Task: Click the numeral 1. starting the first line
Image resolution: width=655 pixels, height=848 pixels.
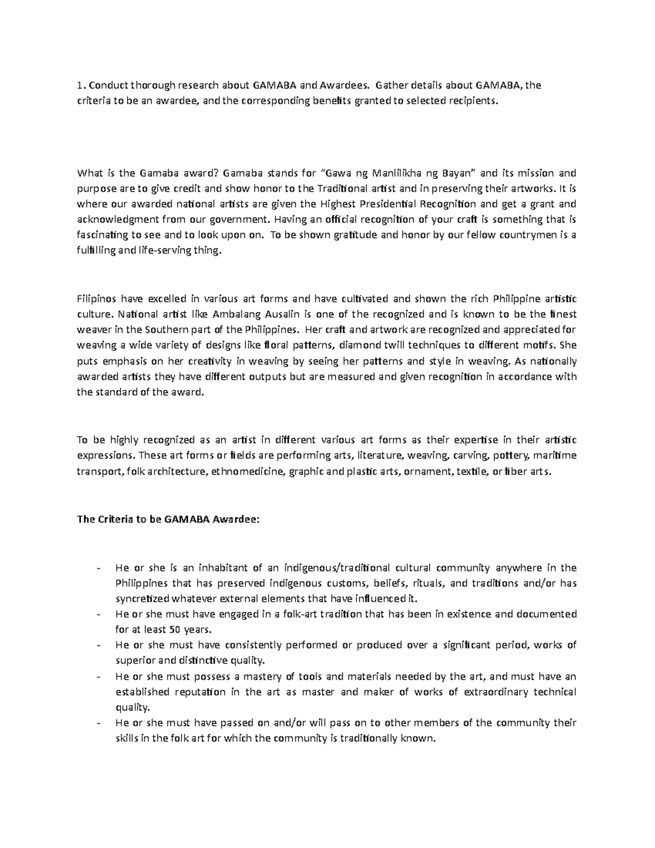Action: click(81, 85)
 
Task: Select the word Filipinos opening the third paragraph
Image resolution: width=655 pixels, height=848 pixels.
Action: click(97, 299)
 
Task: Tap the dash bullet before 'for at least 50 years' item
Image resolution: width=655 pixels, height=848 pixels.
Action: click(98, 614)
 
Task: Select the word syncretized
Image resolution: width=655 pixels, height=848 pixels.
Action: click(143, 598)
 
